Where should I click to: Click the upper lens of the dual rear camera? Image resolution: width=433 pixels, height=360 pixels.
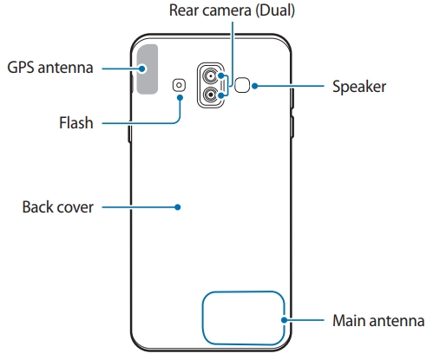[211, 76]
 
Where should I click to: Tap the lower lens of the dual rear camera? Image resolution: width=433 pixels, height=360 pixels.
[211, 97]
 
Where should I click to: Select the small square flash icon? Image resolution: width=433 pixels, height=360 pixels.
[180, 85]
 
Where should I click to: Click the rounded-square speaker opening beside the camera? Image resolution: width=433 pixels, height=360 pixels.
[245, 85]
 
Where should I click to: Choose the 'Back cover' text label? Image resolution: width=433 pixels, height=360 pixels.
[56, 207]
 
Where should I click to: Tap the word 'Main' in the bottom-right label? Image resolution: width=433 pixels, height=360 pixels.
[351, 320]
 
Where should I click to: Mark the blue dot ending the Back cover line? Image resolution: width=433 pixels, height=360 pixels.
[177, 207]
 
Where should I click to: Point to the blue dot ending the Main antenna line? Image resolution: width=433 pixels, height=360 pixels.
[284, 320]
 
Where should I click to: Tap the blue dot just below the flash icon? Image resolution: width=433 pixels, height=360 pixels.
[180, 97]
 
